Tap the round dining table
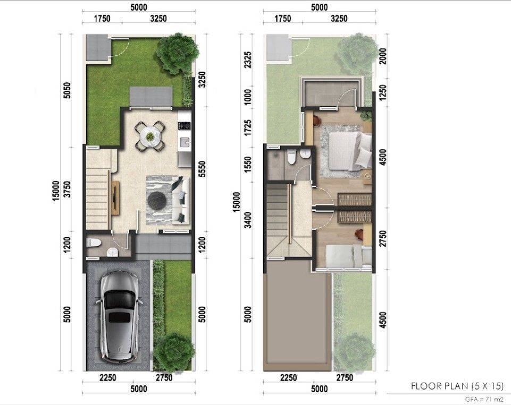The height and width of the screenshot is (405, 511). coord(150,136)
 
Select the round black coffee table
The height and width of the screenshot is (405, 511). coord(158,200)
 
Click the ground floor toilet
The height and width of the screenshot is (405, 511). coord(94,242)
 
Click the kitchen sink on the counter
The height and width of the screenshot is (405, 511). coord(185,142)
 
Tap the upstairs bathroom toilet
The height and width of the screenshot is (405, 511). coord(292,156)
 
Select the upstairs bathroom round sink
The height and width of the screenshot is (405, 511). coord(305,155)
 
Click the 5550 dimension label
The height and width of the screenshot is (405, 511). coord(203,169)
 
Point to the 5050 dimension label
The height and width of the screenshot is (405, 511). coord(66,90)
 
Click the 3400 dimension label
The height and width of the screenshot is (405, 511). coord(248,220)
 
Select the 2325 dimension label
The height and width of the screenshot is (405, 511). coord(248,60)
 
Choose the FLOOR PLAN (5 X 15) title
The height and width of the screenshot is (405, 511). coord(457,386)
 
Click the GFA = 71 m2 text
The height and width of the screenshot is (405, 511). coord(484,399)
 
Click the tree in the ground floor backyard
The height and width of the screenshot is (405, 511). coord(177,53)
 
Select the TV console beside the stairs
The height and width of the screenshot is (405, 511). coord(115,198)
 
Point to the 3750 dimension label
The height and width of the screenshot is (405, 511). coord(67,189)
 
